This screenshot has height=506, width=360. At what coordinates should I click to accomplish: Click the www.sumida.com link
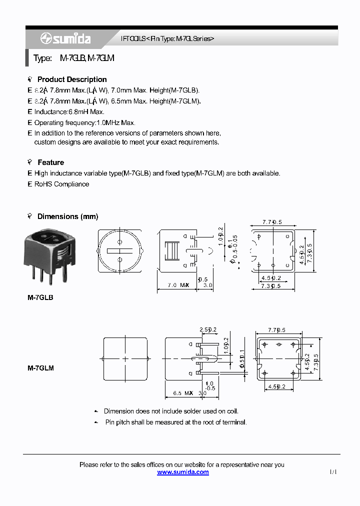pos(182,472)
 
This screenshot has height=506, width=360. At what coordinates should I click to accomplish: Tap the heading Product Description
pos(72,79)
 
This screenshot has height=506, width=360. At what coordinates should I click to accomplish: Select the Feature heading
pos(50,162)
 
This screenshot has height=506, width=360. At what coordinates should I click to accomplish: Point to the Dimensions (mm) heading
pos(67,216)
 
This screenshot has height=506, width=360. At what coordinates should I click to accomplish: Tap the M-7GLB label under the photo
pos(40,297)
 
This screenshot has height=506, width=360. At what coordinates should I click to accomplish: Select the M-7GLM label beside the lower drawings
pos(40,368)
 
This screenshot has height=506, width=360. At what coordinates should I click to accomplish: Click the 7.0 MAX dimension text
pos(178,285)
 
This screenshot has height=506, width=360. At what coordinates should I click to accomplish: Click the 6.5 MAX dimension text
pos(183,393)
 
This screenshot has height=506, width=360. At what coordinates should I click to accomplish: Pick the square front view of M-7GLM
pos(125,358)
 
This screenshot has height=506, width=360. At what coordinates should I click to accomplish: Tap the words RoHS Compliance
pos(61,184)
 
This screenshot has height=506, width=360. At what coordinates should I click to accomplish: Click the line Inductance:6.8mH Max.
pos(69,112)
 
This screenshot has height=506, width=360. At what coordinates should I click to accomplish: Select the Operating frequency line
pos(84,122)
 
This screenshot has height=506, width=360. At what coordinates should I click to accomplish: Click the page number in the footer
pos(333,472)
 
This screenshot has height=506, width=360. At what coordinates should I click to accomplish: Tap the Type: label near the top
pos(42,58)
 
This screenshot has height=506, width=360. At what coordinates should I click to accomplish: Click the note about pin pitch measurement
pos(175,422)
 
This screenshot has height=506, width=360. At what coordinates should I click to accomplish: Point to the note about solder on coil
pos(171,411)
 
